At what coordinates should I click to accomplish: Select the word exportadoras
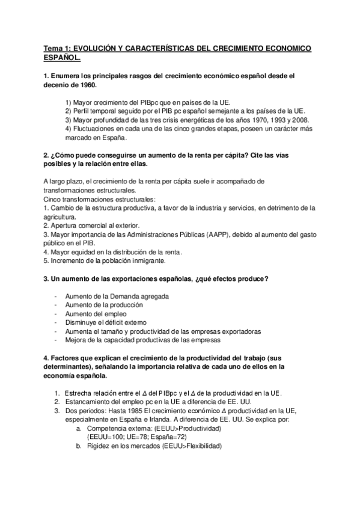(x=236, y=331)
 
